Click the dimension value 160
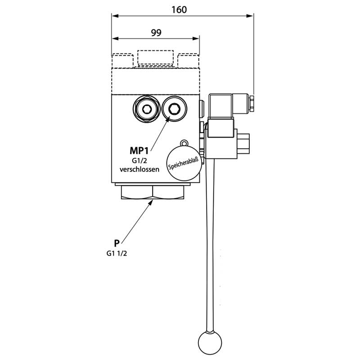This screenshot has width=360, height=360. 182,9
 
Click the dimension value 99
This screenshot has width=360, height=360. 156,32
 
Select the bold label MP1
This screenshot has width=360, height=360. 139,150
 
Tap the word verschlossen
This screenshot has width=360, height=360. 139,170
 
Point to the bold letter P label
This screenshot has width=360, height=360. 116,243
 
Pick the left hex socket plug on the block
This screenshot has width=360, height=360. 147,108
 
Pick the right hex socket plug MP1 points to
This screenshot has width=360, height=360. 174,108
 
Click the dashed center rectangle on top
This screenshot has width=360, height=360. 155,58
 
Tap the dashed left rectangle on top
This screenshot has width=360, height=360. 122,60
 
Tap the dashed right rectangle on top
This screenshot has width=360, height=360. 189,60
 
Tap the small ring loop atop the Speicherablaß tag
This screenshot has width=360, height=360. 183,142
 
